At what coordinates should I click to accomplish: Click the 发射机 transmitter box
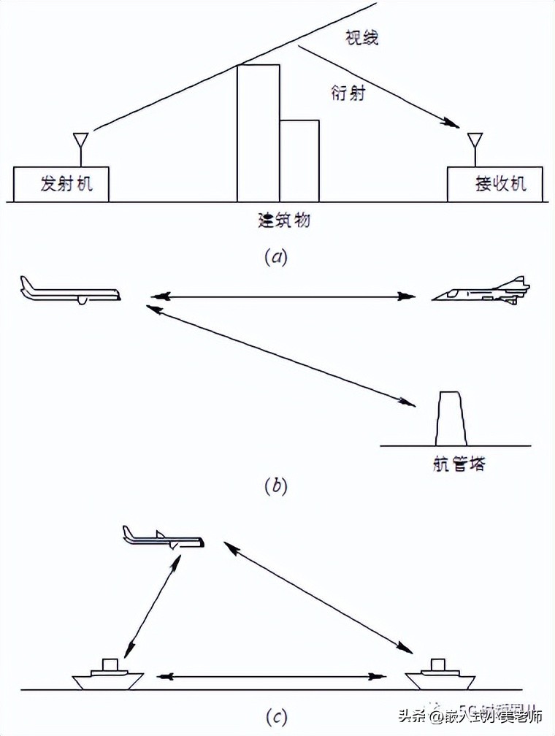click(x=61, y=183)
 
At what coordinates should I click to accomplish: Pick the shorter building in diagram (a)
click(x=299, y=161)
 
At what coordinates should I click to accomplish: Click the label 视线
click(x=361, y=38)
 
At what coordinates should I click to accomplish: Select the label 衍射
click(x=347, y=92)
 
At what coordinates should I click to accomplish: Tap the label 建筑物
click(x=283, y=219)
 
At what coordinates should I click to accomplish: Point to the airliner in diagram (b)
click(x=70, y=291)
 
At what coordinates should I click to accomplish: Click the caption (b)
click(x=275, y=486)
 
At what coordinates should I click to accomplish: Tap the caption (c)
click(x=276, y=718)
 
